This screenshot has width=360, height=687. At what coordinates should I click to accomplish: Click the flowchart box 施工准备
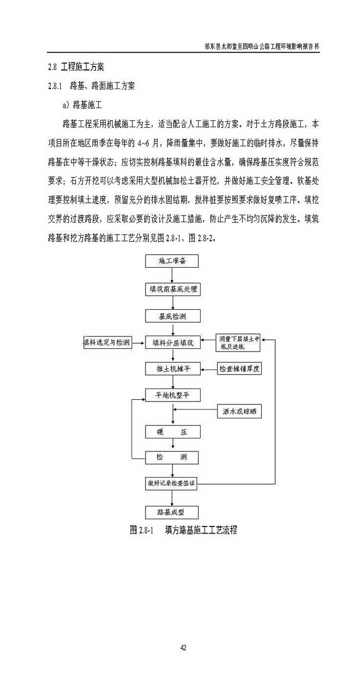pyautogui.click(x=171, y=261)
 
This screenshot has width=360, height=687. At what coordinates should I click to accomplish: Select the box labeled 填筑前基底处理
pyautogui.click(x=171, y=289)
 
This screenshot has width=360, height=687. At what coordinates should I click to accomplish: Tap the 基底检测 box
pyautogui.click(x=171, y=316)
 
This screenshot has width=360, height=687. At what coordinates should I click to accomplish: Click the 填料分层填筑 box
pyautogui.click(x=171, y=342)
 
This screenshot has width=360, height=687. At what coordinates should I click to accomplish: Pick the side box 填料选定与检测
pyautogui.click(x=107, y=342)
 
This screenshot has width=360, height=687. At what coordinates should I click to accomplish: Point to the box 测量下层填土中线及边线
pyautogui.click(x=238, y=342)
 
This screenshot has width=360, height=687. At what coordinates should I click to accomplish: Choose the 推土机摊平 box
pyautogui.click(x=171, y=368)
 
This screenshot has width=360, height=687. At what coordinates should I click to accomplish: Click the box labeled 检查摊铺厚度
pyautogui.click(x=241, y=368)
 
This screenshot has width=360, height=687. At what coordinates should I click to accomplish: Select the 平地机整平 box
pyautogui.click(x=171, y=395)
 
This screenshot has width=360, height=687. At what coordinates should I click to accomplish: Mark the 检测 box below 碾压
pyautogui.click(x=171, y=457)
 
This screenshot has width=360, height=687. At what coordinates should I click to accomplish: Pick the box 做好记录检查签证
pyautogui.click(x=171, y=483)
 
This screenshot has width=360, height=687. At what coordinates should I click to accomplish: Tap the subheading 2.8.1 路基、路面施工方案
pyautogui.click(x=91, y=86)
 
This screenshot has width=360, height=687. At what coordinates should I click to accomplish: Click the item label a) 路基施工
pyautogui.click(x=82, y=105)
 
